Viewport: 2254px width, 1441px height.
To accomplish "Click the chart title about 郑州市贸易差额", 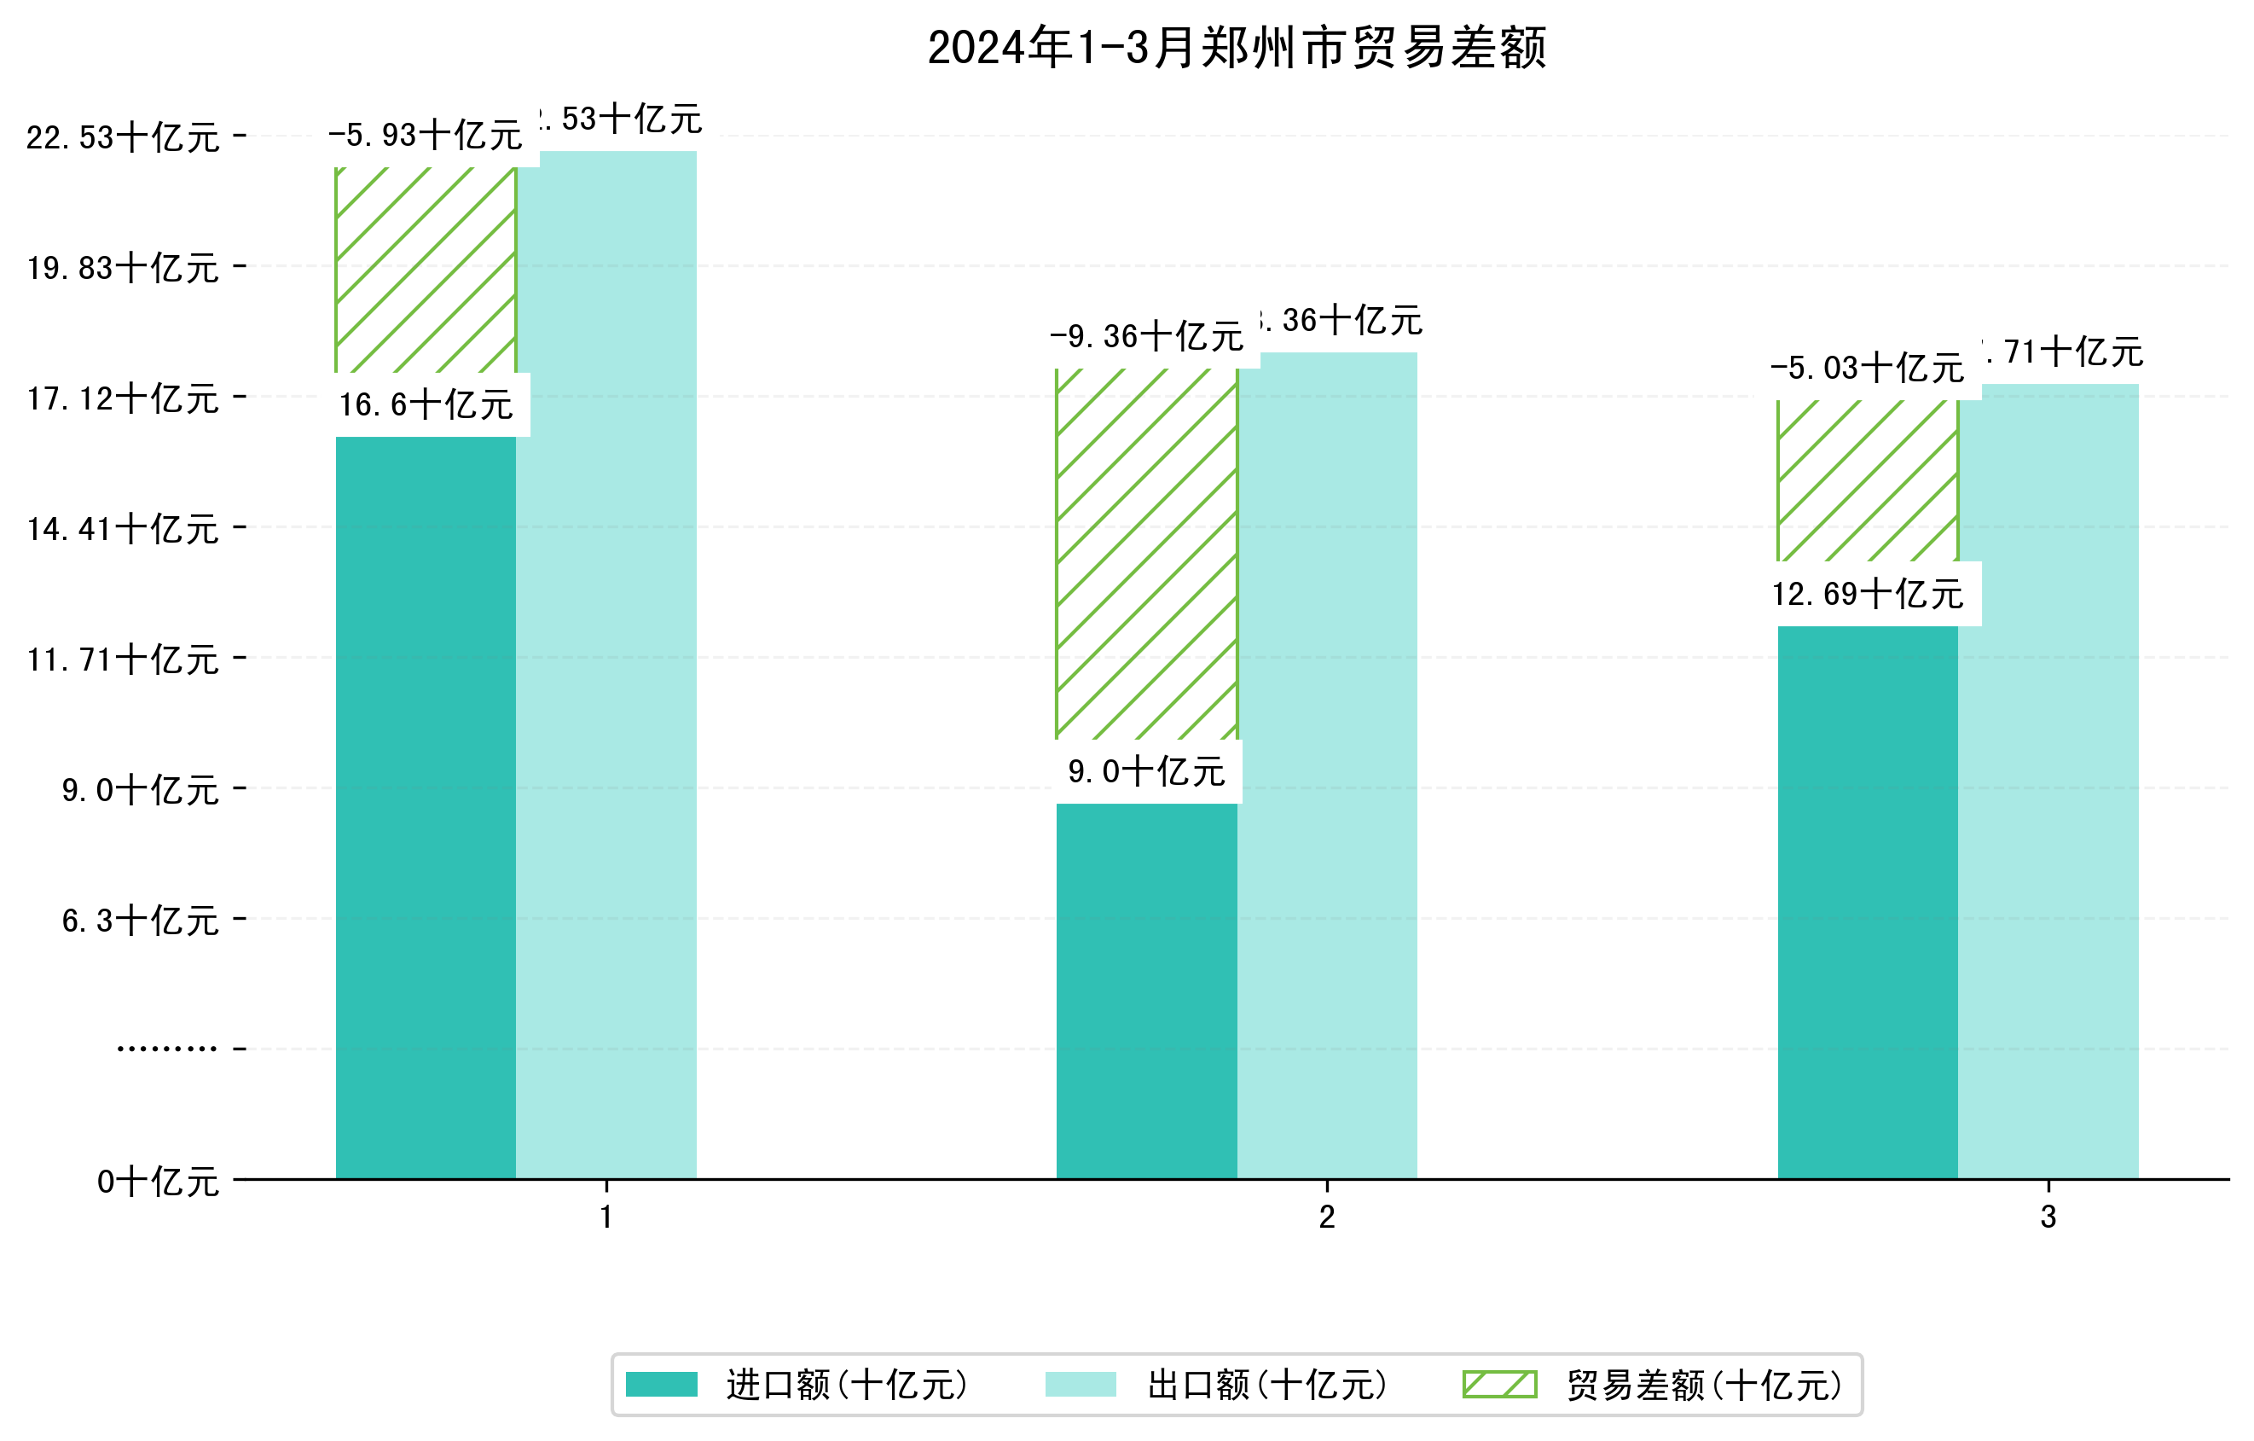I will tap(1237, 48).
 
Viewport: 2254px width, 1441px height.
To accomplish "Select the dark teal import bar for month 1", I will tap(426, 805).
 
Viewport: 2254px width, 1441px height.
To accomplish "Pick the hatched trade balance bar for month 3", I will tap(1868, 481).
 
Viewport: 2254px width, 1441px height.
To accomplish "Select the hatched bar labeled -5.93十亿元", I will tap(426, 270).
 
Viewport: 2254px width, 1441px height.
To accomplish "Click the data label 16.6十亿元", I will tap(426, 405).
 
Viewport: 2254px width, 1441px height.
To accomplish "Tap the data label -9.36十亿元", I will tap(1147, 336).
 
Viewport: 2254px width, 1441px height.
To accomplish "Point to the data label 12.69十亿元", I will tap(1868, 595).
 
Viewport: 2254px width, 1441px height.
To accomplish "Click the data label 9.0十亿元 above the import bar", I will tap(1147, 772).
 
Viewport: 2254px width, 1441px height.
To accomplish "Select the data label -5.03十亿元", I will tap(1868, 368).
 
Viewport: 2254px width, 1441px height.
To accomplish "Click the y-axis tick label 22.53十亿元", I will tap(123, 137).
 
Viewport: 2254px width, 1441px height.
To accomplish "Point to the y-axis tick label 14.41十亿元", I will tap(123, 529).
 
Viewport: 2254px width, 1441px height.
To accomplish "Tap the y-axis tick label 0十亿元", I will tap(158, 1182).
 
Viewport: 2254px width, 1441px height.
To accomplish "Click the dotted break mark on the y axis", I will tap(166, 1049).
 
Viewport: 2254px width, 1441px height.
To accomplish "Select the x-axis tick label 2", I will tap(1326, 1217).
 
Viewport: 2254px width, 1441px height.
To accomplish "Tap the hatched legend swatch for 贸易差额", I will tap(1499, 1384).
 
